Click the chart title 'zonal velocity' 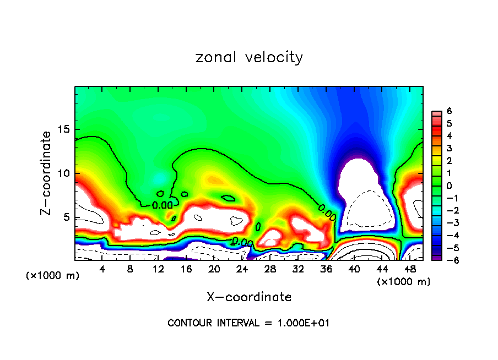249,57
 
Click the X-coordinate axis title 249,297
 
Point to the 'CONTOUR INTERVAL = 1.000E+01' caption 248,323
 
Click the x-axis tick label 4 102,269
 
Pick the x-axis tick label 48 410,269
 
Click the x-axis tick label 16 186,269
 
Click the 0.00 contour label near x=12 163,205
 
